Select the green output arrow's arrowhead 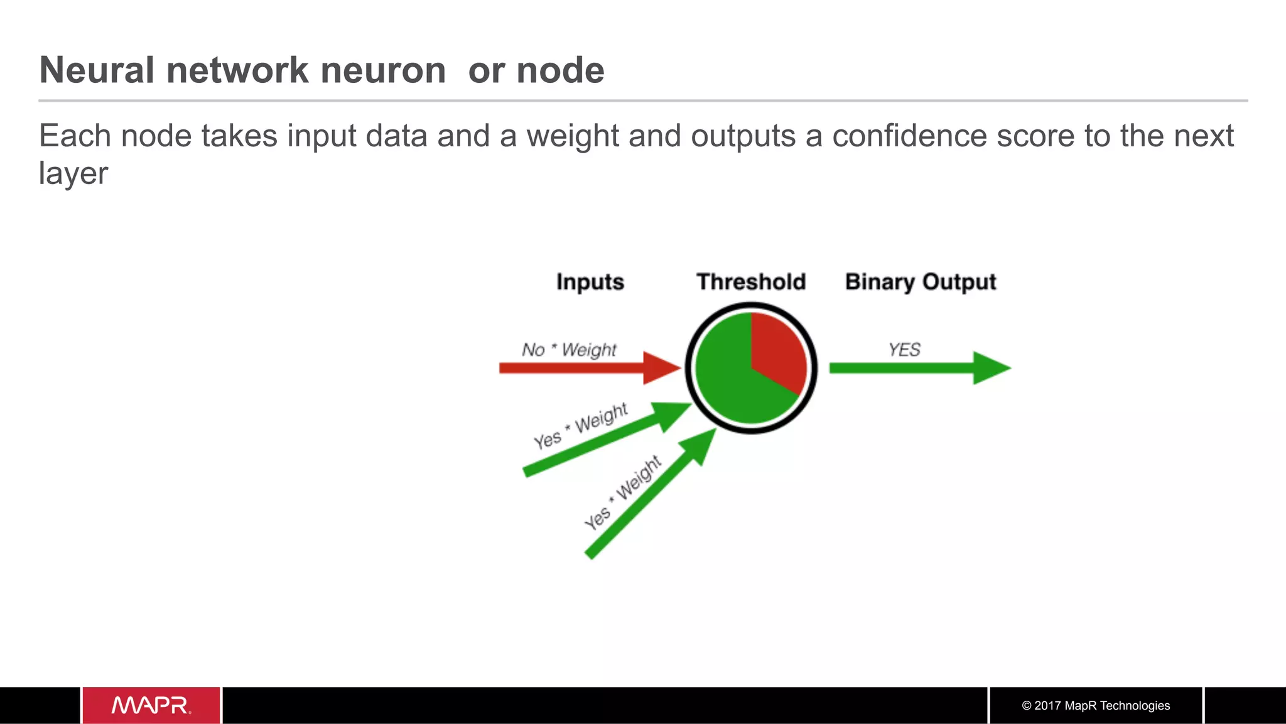pos(990,368)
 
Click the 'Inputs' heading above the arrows pos(590,282)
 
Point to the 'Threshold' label pos(751,282)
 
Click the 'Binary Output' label pos(921,282)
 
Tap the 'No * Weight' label pos(569,350)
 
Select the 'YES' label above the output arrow pos(904,350)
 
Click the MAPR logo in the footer pos(151,705)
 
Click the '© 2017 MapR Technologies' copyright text pos(1096,705)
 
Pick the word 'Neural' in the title pos(97,70)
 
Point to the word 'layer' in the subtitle pos(73,173)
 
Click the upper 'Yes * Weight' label pos(581,426)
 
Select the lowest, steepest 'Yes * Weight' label pos(622,493)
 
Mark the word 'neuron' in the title pos(383,70)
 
